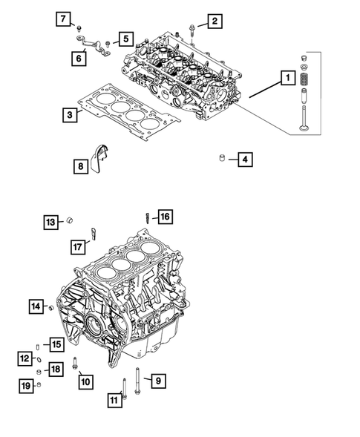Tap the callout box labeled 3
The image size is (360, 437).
click(x=68, y=115)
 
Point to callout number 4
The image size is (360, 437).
click(x=245, y=158)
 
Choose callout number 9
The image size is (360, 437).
click(x=157, y=381)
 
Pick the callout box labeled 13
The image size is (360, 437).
click(x=50, y=221)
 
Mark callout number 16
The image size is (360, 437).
click(x=164, y=217)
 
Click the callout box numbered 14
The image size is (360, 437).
click(x=35, y=305)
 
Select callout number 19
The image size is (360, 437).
click(x=24, y=384)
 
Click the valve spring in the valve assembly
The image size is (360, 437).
click(x=303, y=76)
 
